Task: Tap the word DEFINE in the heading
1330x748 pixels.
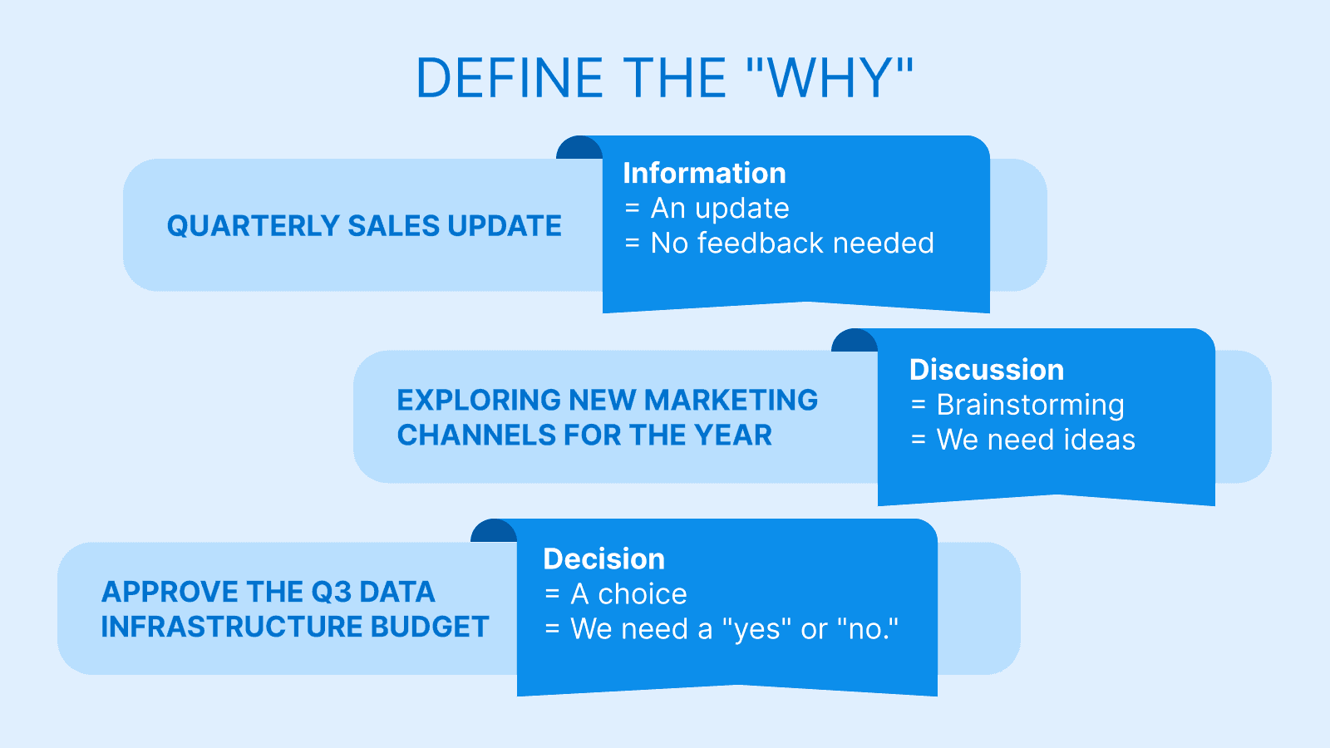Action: [509, 78]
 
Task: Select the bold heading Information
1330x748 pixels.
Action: [704, 173]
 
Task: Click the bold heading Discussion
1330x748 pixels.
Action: [986, 369]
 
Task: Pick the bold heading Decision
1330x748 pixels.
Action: [603, 559]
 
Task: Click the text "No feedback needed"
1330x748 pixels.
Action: [792, 243]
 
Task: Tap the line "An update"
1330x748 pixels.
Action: [720, 208]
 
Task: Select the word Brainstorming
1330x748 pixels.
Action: [1030, 405]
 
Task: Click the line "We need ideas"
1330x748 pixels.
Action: [1036, 440]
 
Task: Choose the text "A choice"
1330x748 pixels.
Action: [628, 594]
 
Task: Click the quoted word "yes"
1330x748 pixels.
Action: [756, 629]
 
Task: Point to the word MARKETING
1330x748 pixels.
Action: [731, 400]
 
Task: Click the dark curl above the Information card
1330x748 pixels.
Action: [578, 149]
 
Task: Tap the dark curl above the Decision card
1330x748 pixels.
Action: [492, 532]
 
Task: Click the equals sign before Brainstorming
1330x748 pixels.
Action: [918, 405]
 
